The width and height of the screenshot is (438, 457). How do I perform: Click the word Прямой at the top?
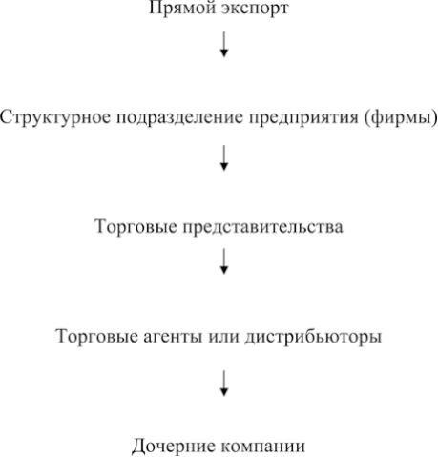[181, 8]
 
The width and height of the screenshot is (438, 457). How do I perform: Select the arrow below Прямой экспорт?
[224, 44]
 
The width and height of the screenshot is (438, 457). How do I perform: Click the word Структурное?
[55, 117]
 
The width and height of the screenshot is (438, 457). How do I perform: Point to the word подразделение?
[179, 117]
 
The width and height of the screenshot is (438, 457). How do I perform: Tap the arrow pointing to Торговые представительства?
[224, 158]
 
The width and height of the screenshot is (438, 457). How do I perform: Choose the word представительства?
[262, 227]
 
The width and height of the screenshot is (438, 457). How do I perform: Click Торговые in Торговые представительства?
[136, 227]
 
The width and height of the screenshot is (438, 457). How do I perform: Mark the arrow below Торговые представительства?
[224, 261]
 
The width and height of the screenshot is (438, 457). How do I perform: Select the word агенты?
[173, 337]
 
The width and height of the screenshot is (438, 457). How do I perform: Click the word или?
[223, 337]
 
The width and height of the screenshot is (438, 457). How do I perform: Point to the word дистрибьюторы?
[313, 337]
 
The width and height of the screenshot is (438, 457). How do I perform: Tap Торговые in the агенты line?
[96, 336]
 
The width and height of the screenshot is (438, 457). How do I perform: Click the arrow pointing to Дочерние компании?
[224, 384]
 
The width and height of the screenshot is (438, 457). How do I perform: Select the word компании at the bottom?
[263, 447]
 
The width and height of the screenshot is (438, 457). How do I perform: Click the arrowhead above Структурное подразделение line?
[224, 53]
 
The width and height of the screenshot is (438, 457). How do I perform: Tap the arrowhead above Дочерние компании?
[224, 392]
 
